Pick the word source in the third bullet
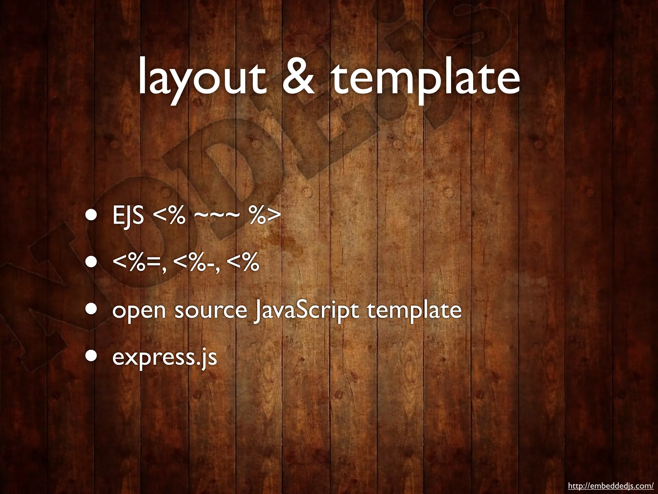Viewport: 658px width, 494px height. coord(210,311)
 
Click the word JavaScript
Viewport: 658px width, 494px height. coord(305,311)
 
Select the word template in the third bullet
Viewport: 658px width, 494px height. coord(414,311)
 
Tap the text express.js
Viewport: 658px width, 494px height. coord(164,358)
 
